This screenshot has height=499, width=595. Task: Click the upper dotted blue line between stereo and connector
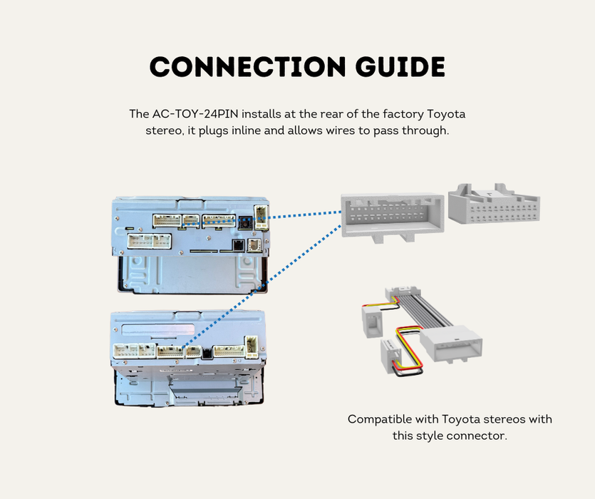[x=299, y=217]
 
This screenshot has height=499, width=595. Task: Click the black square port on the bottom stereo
[x=207, y=351]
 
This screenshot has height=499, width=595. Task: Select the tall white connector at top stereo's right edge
[x=262, y=216]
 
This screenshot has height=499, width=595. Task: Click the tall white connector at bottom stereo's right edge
[x=252, y=347]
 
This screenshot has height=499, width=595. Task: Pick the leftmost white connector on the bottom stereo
[x=130, y=351]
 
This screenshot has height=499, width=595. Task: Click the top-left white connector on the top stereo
[x=168, y=222]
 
